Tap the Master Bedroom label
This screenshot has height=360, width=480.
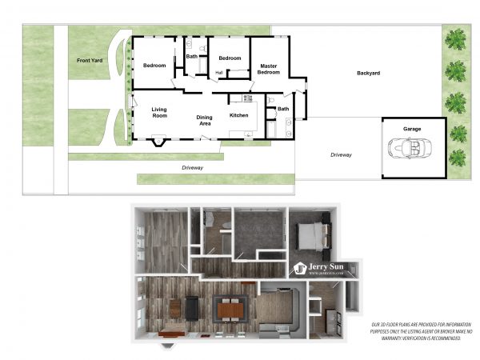pyautogui.click(x=268, y=70)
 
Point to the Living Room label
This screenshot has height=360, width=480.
pyautogui.click(x=159, y=112)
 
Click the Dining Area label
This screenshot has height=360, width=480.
pyautogui.click(x=205, y=121)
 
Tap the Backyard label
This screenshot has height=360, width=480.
pyautogui.click(x=368, y=74)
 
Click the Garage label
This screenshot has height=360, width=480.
pyautogui.click(x=411, y=129)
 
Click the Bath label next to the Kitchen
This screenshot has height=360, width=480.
pyautogui.click(x=283, y=109)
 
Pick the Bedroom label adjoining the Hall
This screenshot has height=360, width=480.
pyautogui.click(x=230, y=58)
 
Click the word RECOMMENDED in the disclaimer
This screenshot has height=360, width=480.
pyautogui.click(x=442, y=338)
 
